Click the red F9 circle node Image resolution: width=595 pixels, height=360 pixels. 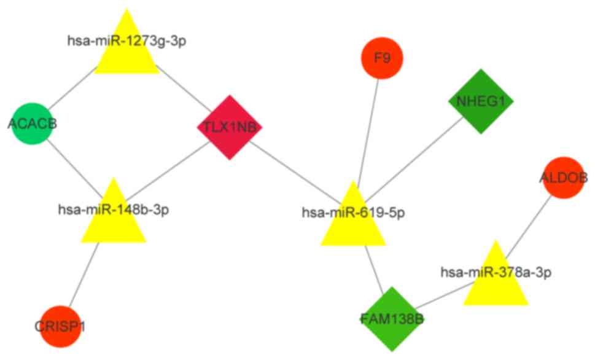click(x=381, y=59)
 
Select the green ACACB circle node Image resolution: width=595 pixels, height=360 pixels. click(x=32, y=123)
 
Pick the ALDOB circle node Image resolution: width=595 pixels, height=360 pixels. click(x=562, y=178)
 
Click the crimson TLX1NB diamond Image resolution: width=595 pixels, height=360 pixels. click(x=230, y=127)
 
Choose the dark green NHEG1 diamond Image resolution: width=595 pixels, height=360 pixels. click(x=481, y=101)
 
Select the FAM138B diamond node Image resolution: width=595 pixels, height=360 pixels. click(x=392, y=319)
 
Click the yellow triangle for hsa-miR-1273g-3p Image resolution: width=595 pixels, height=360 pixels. click(x=126, y=52)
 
